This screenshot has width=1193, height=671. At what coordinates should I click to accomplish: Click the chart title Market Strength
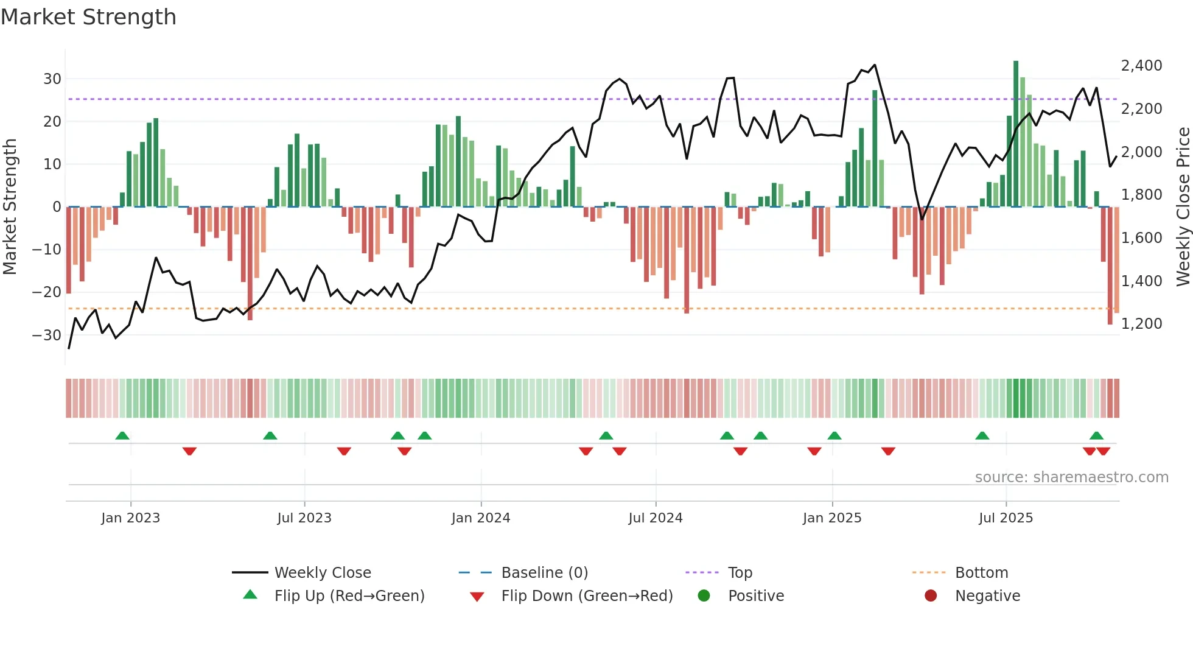tap(89, 17)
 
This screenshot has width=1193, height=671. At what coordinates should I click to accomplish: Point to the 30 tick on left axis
tap(52, 79)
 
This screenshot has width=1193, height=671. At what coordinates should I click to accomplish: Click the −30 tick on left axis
tap(47, 335)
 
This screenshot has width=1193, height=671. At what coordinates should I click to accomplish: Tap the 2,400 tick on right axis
tap(1141, 66)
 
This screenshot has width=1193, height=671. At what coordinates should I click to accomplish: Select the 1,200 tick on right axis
tap(1141, 323)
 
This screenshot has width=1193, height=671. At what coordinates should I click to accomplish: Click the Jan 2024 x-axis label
tap(480, 518)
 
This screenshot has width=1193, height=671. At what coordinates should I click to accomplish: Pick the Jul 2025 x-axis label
tap(1006, 518)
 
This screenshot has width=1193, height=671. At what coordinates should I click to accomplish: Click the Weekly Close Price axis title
tap(1183, 206)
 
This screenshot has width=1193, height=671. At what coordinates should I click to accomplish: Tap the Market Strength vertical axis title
tap(10, 206)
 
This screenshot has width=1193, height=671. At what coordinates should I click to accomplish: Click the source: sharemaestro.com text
tap(1071, 477)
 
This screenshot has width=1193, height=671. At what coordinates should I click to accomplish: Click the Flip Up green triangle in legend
tap(250, 595)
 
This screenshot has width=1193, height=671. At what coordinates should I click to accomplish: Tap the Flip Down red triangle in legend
tap(477, 597)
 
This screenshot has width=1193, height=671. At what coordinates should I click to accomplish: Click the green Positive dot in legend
tap(704, 595)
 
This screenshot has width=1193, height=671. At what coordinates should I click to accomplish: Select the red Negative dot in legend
tap(931, 595)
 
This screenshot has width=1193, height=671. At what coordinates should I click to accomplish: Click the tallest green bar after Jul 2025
tap(1015, 134)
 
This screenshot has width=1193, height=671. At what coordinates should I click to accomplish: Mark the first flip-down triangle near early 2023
tap(189, 451)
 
